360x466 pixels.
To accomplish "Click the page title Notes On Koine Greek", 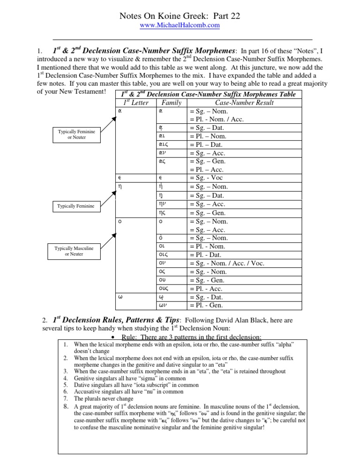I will tap(180, 16).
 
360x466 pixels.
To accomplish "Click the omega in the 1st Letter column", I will tap(120, 297).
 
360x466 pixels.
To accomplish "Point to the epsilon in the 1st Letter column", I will tap(120, 178).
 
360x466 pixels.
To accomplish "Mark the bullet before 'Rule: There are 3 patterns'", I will tap(115, 338).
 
